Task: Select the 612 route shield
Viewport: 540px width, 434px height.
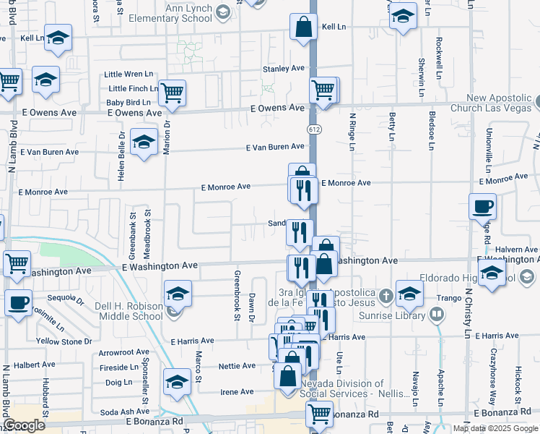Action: point(313,129)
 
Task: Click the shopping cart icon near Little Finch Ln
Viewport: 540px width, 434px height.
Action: point(172,93)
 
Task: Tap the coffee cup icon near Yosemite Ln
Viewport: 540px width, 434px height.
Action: point(19,302)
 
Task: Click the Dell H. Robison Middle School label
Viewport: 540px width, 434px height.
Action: point(129,311)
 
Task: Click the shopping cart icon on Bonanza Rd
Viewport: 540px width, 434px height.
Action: point(319,414)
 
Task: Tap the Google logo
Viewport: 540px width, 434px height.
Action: point(24,426)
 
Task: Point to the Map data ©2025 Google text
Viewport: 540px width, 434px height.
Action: point(496,428)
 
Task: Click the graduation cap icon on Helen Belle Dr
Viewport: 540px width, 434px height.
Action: point(144,144)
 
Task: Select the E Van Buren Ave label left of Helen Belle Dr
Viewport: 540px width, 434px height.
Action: point(49,153)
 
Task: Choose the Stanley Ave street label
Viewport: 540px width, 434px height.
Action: point(284,69)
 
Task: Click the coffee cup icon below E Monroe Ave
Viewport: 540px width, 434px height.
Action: point(482,206)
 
